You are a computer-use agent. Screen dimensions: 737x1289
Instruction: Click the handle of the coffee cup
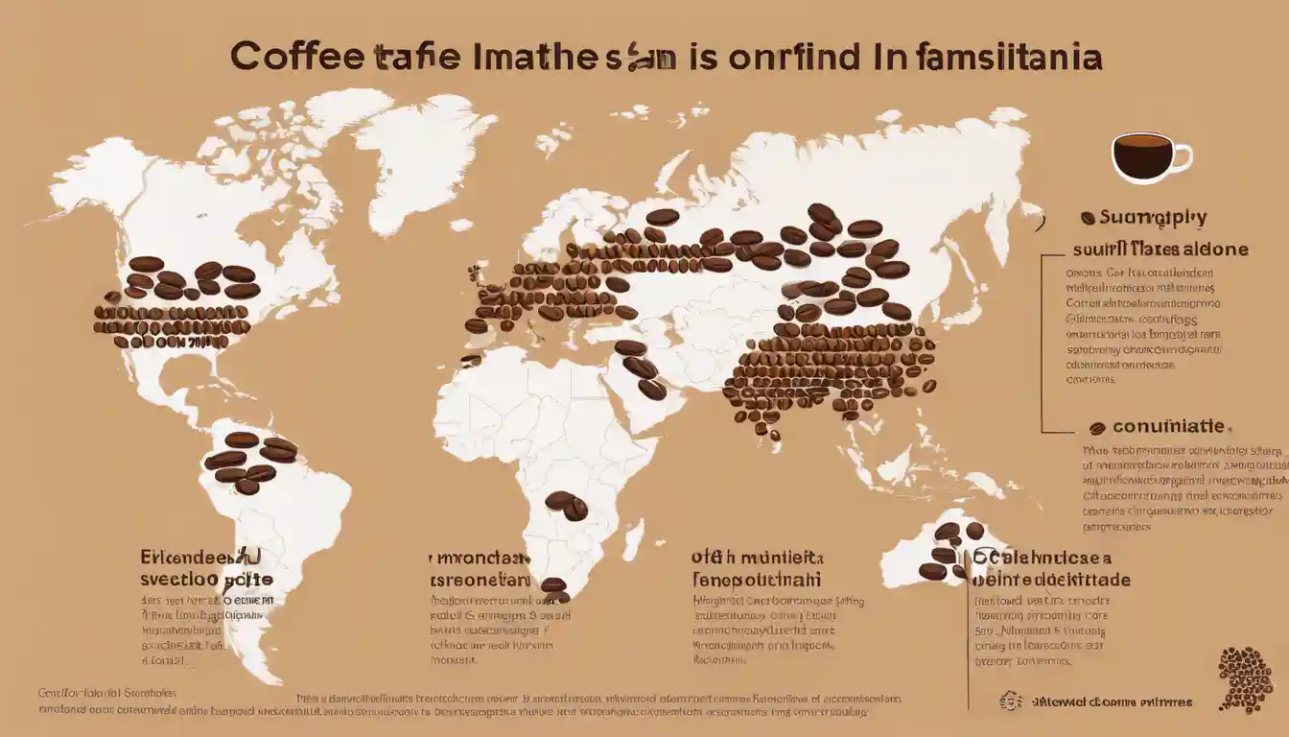[1183, 156]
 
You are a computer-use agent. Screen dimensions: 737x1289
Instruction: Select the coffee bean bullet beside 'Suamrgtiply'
[1088, 218]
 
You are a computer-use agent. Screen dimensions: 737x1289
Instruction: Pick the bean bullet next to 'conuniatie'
[1097, 428]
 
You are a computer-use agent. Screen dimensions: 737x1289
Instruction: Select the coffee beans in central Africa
[566, 505]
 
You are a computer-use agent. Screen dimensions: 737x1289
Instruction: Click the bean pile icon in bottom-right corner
[1244, 678]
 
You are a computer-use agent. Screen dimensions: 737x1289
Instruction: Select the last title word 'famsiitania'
[996, 57]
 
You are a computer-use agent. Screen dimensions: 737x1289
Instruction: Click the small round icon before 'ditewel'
[1006, 701]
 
